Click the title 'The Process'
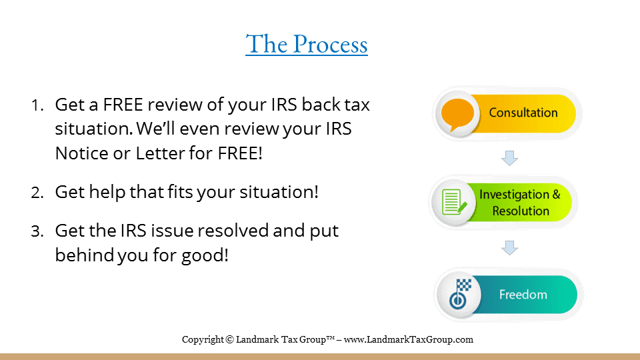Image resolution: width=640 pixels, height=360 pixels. [x=307, y=44]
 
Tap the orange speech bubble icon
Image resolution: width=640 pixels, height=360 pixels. [x=457, y=113]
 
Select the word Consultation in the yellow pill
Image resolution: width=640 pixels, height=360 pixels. [x=523, y=113]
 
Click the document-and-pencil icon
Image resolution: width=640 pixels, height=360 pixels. [x=454, y=202]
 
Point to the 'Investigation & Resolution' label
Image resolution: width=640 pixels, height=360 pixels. [x=521, y=203]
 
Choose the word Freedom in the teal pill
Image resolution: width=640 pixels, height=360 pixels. [x=523, y=294]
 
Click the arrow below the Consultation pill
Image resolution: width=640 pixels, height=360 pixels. [x=510, y=158]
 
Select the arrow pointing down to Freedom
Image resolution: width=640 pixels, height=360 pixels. [x=510, y=248]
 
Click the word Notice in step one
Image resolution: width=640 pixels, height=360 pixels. [x=80, y=153]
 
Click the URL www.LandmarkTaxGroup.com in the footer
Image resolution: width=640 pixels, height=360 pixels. [x=409, y=339]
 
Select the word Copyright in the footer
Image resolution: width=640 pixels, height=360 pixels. [x=203, y=339]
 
